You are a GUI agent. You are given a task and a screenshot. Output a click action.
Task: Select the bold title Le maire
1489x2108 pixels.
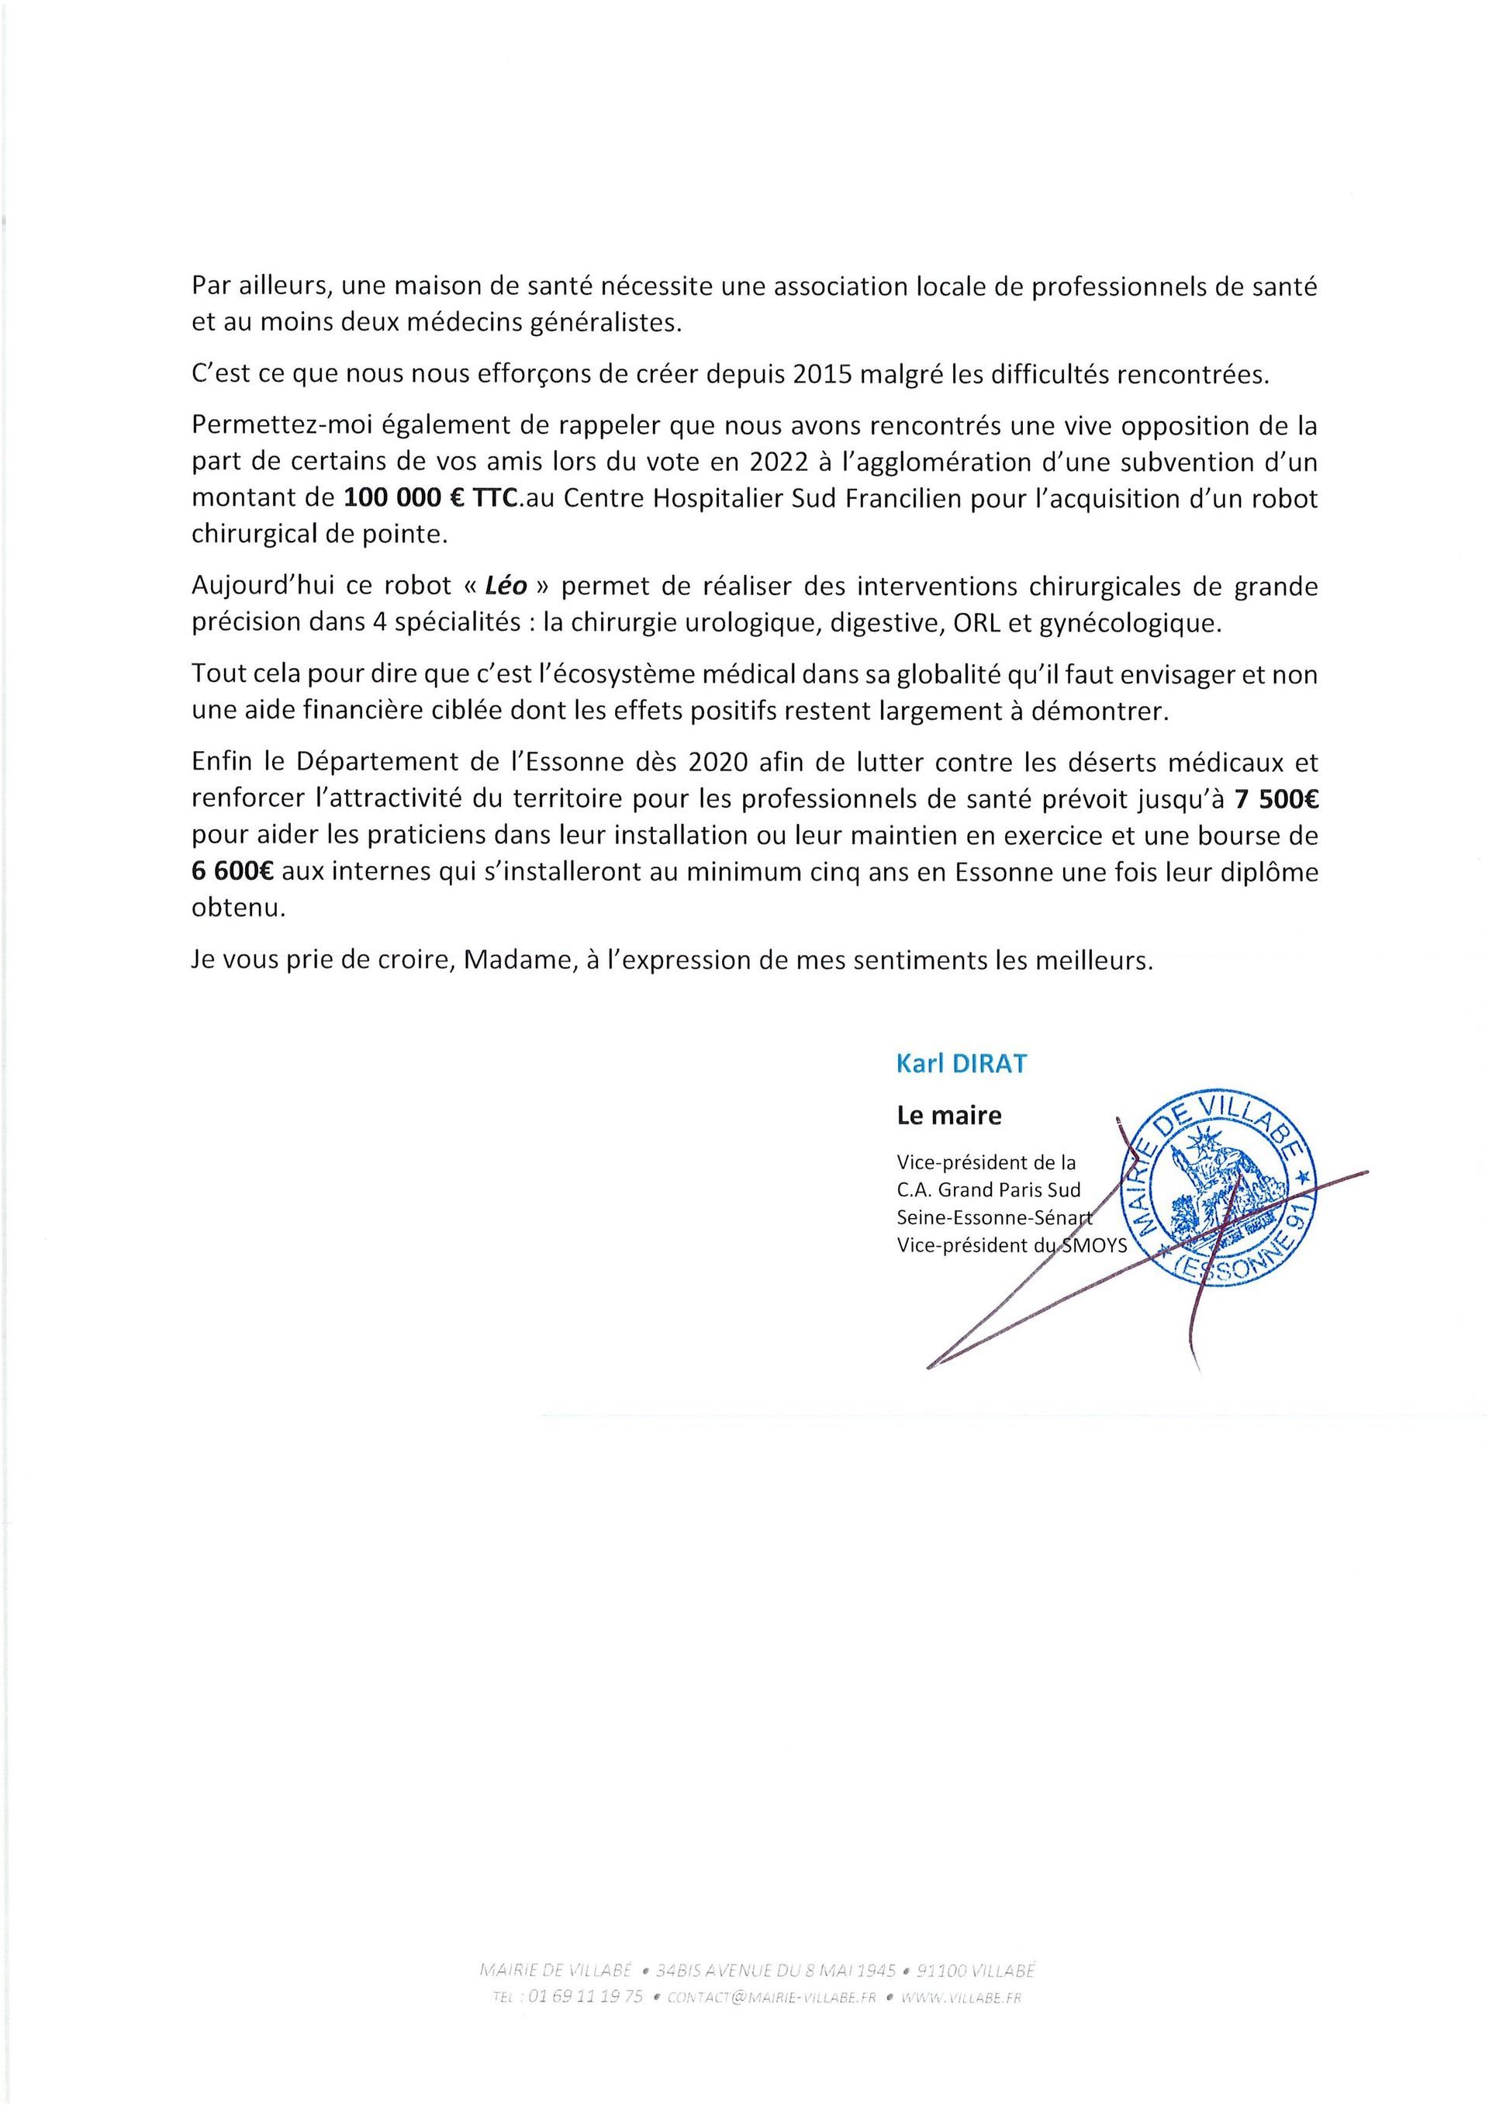click(949, 1116)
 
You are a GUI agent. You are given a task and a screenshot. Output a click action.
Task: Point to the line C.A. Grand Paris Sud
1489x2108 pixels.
click(989, 1191)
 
